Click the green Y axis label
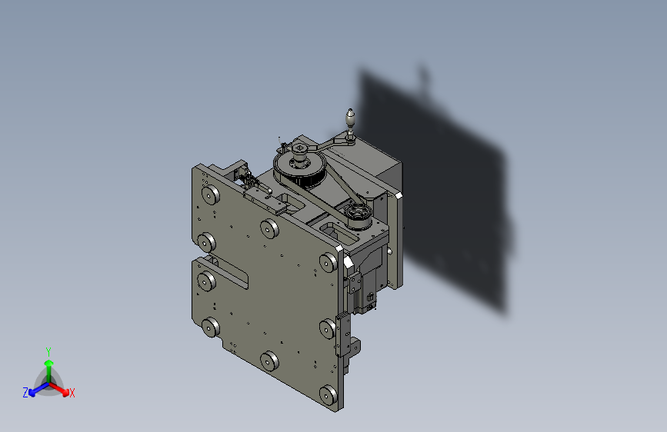pos(48,350)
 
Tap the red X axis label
pos(72,394)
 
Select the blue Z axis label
pos(25,393)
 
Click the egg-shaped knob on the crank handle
pos(350,118)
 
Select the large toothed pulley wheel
pos(298,171)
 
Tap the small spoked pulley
pos(358,213)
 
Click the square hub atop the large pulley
pos(299,149)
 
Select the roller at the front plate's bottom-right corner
pos(328,395)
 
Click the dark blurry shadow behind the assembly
pos(446,192)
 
